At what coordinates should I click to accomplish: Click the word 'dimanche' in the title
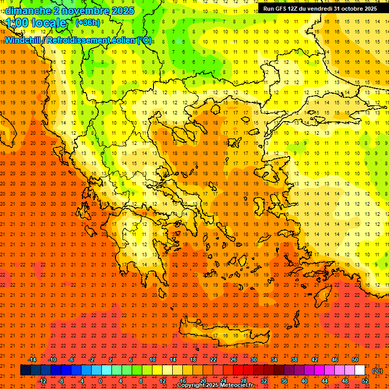pyautogui.click(x=28, y=11)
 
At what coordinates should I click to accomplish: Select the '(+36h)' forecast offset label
pyautogui.click(x=88, y=23)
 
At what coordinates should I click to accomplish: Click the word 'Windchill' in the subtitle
pyautogui.click(x=23, y=40)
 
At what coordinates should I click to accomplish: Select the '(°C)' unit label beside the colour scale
pyautogui.click(x=377, y=371)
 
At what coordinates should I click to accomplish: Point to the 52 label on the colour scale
pyautogui.click(x=365, y=381)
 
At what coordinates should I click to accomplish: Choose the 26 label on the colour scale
pyautogui.click(x=234, y=360)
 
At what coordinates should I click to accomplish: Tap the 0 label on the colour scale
pyautogui.click(x=101, y=381)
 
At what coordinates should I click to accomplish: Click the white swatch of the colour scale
pyautogui.click(x=360, y=370)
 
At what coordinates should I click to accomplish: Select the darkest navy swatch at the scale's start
pyautogui.click(x=25, y=370)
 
